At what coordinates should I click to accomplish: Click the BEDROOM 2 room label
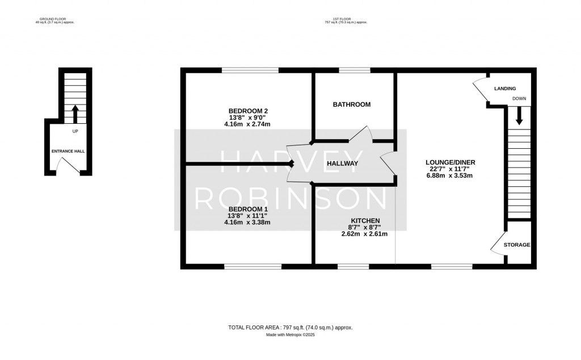click(247, 111)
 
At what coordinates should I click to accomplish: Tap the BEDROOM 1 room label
click(247, 209)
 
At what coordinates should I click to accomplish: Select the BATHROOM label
click(352, 104)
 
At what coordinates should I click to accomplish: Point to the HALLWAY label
click(342, 164)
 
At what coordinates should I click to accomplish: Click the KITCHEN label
click(365, 220)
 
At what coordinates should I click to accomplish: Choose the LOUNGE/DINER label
click(451, 162)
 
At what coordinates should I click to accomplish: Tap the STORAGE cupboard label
click(517, 245)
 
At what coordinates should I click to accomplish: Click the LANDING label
click(505, 89)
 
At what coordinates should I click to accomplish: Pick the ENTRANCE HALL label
click(68, 152)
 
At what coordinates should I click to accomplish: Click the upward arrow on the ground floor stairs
click(75, 114)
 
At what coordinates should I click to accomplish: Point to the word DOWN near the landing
click(519, 99)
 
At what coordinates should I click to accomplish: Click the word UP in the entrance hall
click(75, 132)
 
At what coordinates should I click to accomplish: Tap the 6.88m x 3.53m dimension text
click(451, 176)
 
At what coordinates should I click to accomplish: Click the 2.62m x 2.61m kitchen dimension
click(365, 234)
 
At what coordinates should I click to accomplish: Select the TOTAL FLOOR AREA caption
click(290, 327)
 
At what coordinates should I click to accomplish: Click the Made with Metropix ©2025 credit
click(290, 335)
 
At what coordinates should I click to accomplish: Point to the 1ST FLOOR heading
click(346, 19)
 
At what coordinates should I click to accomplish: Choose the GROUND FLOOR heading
click(54, 19)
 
